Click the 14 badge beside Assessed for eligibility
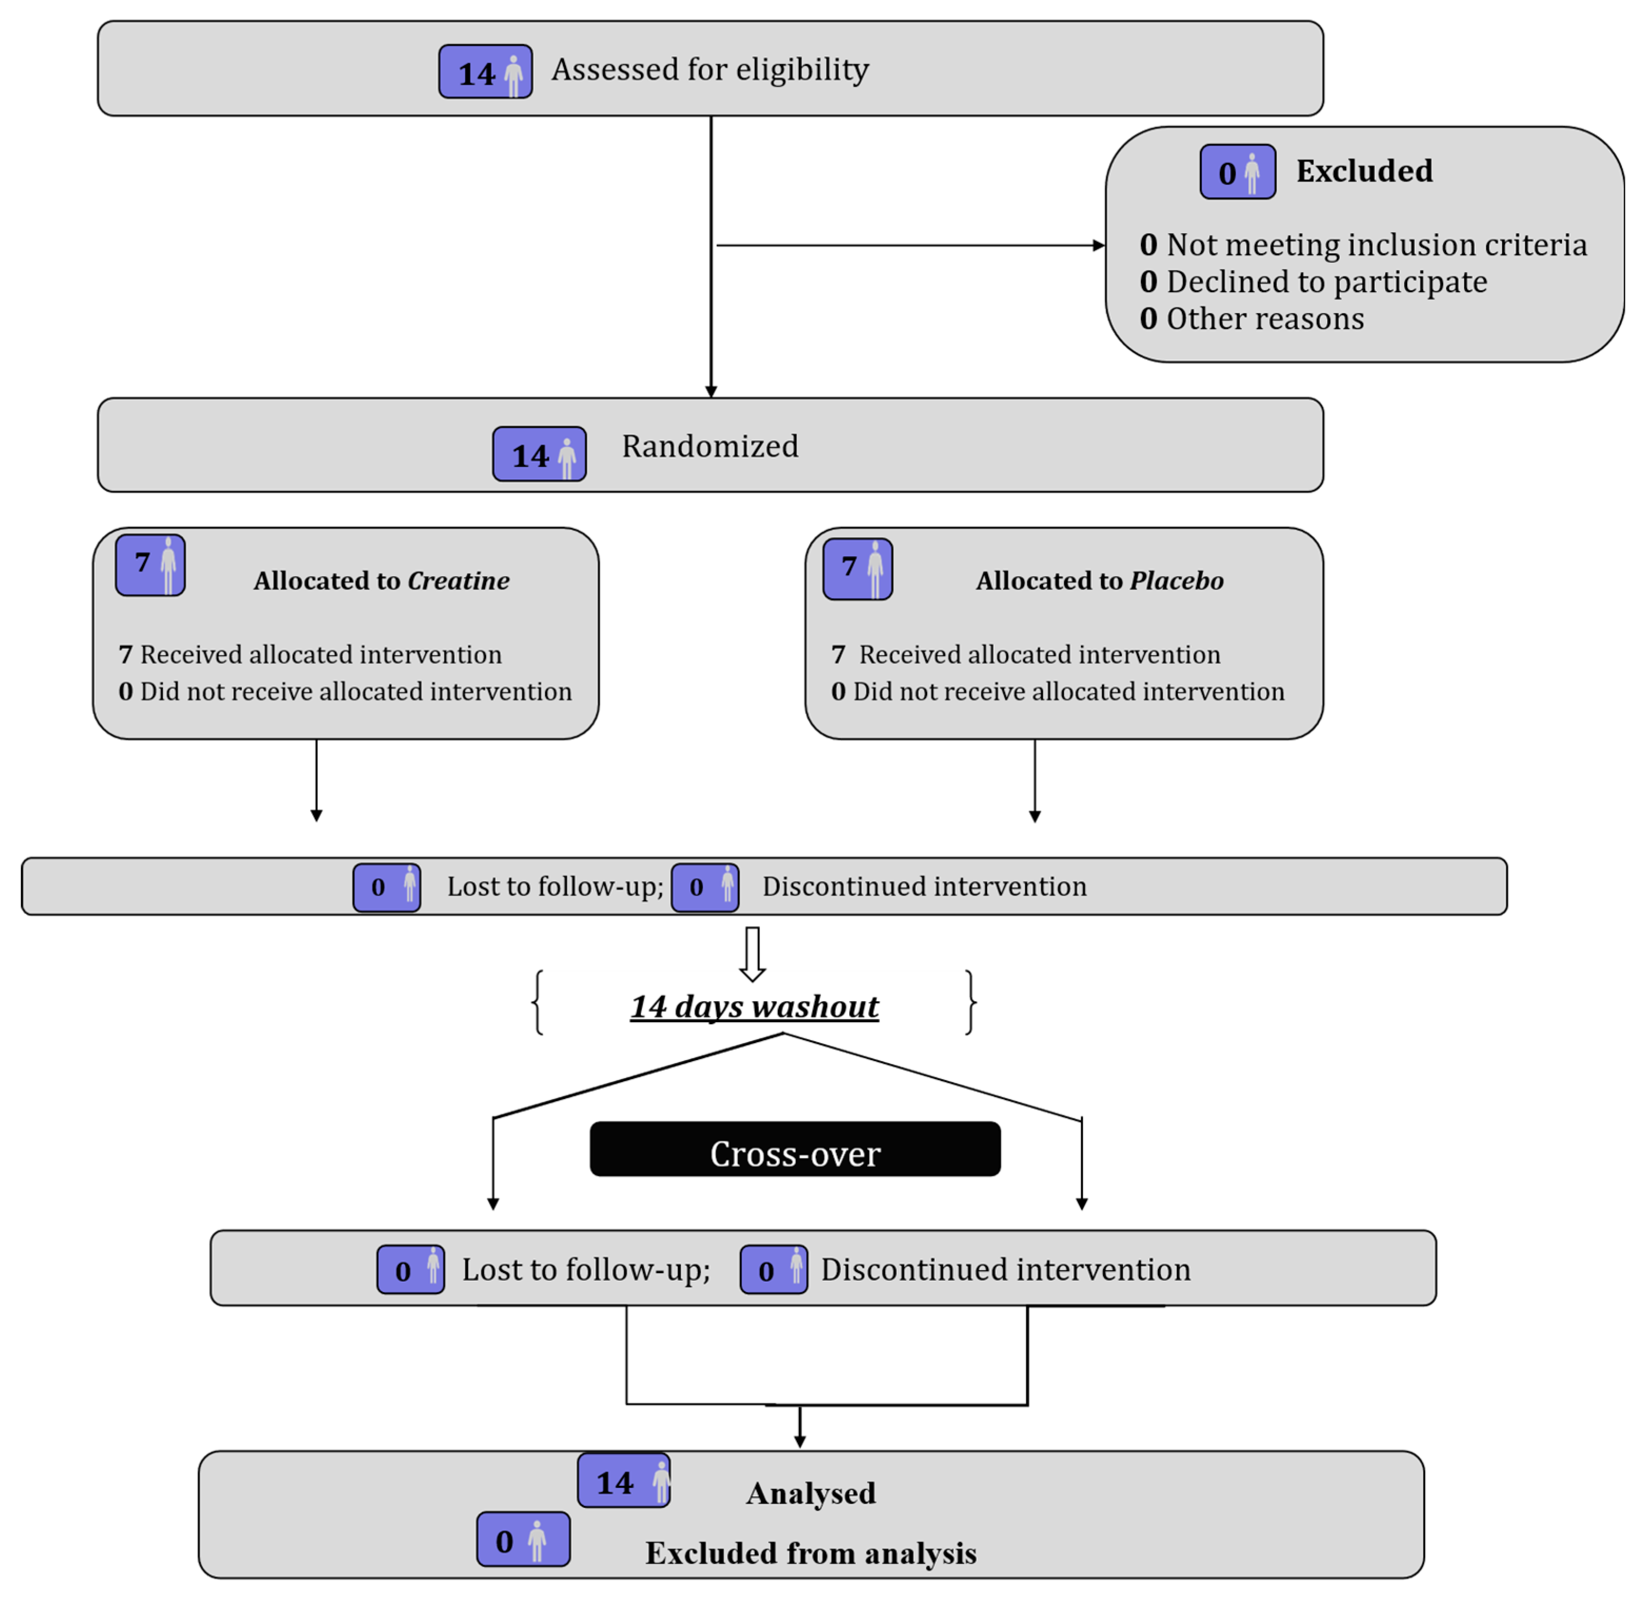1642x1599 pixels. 485,72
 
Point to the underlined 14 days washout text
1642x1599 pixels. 754,1007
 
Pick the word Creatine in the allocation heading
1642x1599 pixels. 458,581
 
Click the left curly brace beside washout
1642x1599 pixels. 537,1002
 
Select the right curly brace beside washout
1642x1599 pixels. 971,1002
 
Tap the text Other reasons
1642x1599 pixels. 1264,319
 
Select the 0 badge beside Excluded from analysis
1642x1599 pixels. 523,1540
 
